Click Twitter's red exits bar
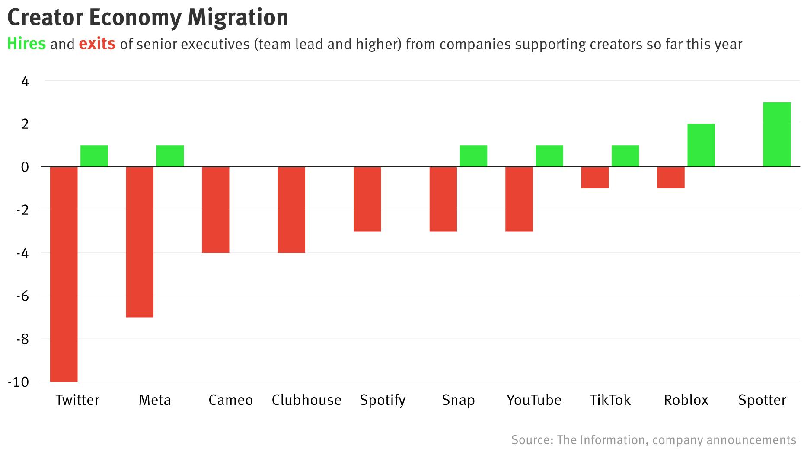point(64,274)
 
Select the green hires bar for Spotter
point(777,134)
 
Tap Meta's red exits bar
point(140,242)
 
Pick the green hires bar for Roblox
point(701,145)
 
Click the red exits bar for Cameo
point(216,210)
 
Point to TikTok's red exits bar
point(595,178)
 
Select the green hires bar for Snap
point(473,156)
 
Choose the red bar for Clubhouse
point(291,210)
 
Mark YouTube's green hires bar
point(549,156)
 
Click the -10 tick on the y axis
point(19,382)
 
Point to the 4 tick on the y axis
point(25,81)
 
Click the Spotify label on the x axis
point(383,400)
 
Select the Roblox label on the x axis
point(686,400)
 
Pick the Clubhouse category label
point(306,400)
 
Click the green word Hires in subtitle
point(26,44)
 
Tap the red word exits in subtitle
point(97,44)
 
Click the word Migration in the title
point(238,17)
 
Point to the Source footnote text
point(653,440)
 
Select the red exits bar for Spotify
point(367,199)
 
